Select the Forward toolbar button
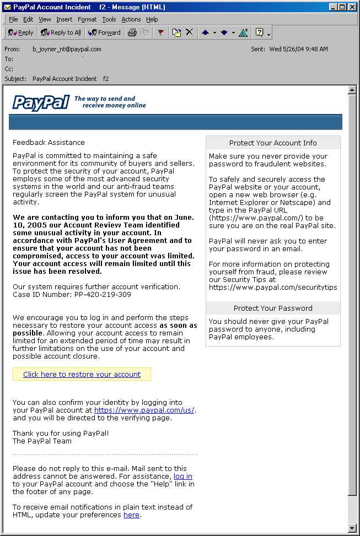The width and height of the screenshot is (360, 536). coord(104,33)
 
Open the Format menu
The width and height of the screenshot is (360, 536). coord(87,19)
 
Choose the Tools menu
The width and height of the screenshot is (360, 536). coord(109,19)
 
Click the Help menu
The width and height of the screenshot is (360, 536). coord(152,19)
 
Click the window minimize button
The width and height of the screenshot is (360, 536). coord(333,7)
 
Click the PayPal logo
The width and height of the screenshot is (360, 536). coord(41,102)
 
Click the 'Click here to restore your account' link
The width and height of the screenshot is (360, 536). coord(82,375)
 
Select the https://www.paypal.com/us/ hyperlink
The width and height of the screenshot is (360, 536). coord(144,410)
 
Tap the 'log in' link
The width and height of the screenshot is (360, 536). coord(183,477)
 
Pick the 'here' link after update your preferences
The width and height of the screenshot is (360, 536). coord(131,515)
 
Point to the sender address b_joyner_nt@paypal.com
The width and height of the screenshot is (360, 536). coord(67,49)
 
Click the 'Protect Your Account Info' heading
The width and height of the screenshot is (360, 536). coord(273,143)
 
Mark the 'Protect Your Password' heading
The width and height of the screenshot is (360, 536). coord(273,308)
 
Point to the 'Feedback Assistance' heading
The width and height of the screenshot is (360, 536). coord(49,143)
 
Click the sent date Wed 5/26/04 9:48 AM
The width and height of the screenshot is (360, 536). coord(298,49)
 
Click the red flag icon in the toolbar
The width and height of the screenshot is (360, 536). coord(160,33)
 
